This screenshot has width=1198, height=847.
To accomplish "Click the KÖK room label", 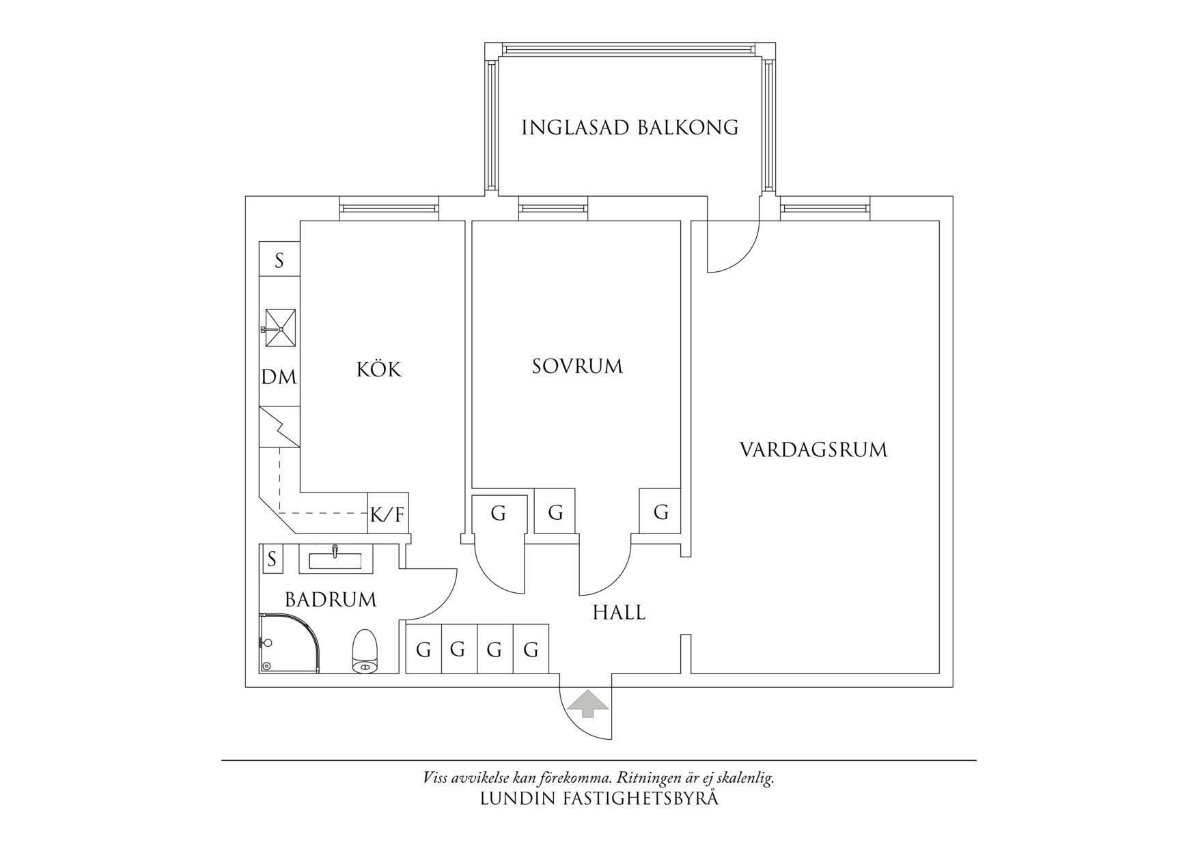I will [x=379, y=370].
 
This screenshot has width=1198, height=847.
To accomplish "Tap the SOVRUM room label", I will [x=577, y=366].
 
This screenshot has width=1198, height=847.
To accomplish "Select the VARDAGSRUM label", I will [x=813, y=449].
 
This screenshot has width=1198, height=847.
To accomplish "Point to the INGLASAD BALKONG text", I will [x=630, y=128].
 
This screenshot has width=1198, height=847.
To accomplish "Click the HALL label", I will [x=619, y=612].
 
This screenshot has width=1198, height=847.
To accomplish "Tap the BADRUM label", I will [x=331, y=600].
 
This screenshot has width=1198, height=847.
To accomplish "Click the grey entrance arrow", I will [x=588, y=703].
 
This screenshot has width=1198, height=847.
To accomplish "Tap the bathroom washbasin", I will [x=335, y=559].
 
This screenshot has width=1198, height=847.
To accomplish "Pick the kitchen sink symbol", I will [x=280, y=329].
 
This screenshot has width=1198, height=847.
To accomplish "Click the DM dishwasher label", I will [x=279, y=376].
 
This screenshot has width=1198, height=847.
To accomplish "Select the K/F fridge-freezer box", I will [x=388, y=514].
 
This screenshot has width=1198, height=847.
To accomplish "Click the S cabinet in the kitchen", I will [x=279, y=260].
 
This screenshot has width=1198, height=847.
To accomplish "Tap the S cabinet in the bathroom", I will [x=272, y=559].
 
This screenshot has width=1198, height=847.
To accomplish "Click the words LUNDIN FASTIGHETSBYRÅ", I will [x=599, y=799].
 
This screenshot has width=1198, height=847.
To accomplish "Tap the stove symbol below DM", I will [x=279, y=427].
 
